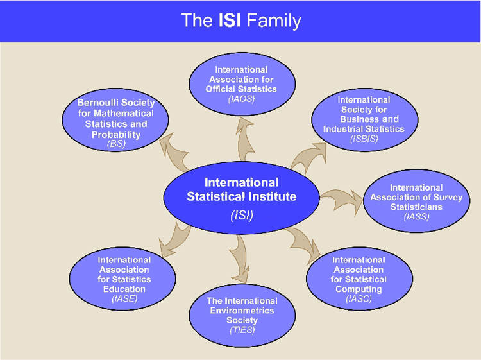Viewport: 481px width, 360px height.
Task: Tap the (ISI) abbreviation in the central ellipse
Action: pos(242,215)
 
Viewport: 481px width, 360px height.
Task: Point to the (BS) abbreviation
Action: pos(116,144)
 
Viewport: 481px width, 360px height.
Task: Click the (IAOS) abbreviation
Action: pos(242,99)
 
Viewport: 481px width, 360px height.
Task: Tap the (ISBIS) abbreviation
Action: pos(364,139)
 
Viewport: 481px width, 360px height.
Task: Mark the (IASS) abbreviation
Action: pos(416,217)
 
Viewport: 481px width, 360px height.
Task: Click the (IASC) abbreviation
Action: pos(359,299)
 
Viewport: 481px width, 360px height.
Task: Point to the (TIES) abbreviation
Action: pos(242,330)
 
